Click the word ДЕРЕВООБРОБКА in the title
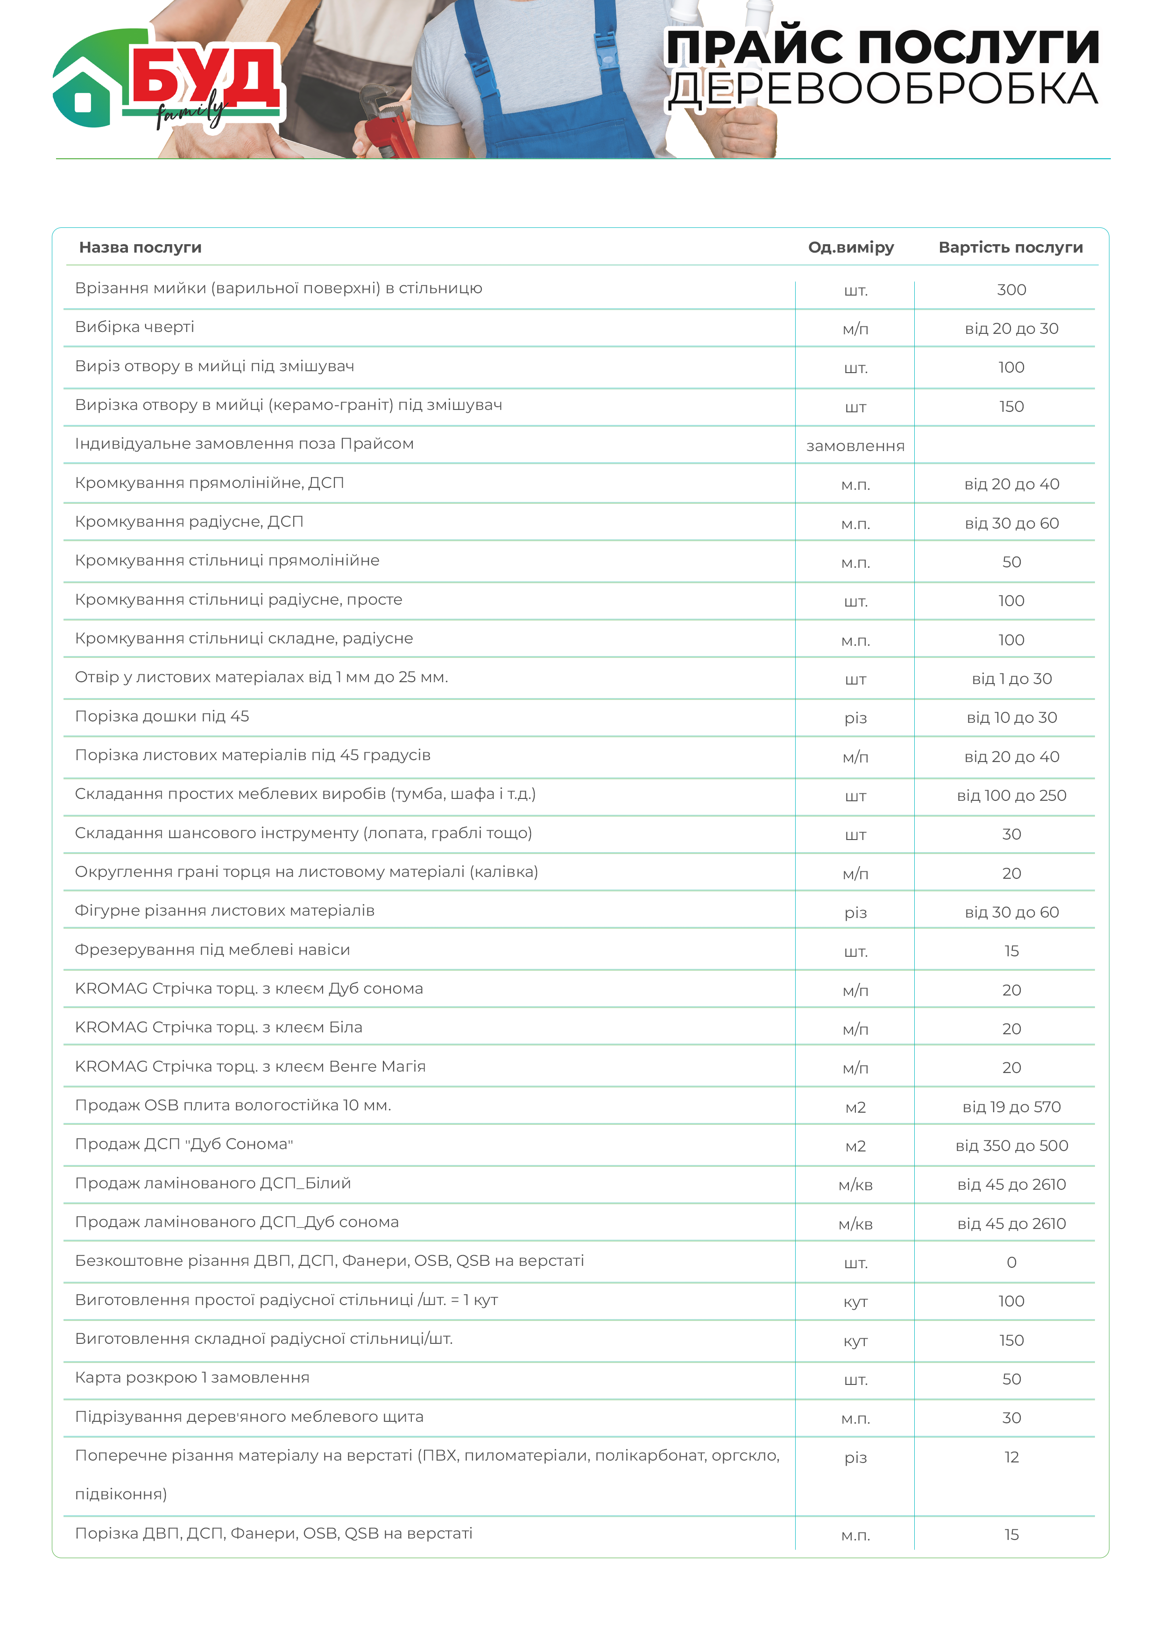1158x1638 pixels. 883,91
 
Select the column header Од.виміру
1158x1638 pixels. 850,247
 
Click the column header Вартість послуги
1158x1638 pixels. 1010,247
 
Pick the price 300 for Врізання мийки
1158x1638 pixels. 1011,289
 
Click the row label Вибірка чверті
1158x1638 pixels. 134,327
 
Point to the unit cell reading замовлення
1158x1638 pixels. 855,446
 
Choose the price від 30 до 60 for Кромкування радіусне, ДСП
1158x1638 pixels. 1011,523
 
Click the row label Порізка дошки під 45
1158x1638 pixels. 162,716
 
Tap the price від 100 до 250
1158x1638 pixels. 1011,796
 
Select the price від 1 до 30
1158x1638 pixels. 1011,678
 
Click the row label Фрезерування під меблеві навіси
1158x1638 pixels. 212,950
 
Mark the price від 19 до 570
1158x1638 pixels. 1011,1107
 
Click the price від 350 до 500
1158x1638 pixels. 1011,1146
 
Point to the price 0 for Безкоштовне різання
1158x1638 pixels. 1011,1262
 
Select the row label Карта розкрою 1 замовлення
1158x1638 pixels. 192,1377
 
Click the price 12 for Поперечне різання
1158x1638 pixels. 1011,1457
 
